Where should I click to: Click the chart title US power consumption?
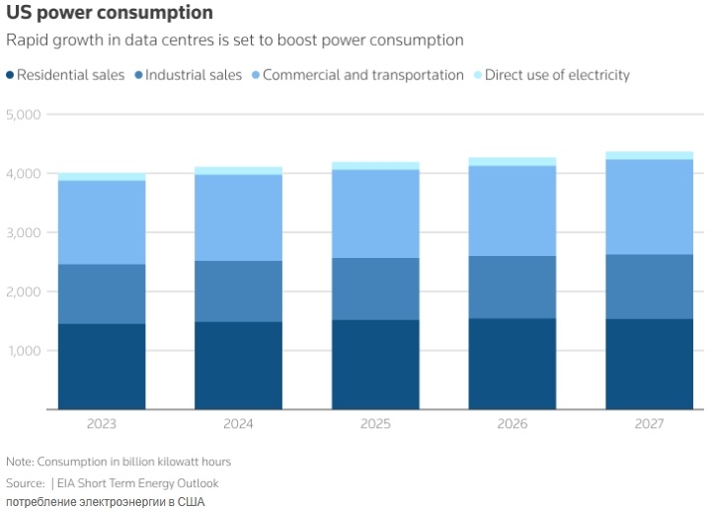tap(109, 13)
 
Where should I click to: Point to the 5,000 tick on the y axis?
tap(23, 115)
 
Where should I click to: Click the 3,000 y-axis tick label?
tap(23, 233)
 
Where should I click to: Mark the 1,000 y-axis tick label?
tap(23, 352)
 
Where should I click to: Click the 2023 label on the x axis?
tap(102, 424)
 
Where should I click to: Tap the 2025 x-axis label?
tap(375, 424)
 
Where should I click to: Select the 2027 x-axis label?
tap(649, 424)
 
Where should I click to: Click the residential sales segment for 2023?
tap(102, 367)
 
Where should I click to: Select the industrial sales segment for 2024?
tap(238, 292)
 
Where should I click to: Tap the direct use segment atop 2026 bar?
tap(513, 161)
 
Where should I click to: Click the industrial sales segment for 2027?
tap(649, 287)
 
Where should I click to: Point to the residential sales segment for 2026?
tap(513, 364)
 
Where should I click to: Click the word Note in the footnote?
tap(19, 462)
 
